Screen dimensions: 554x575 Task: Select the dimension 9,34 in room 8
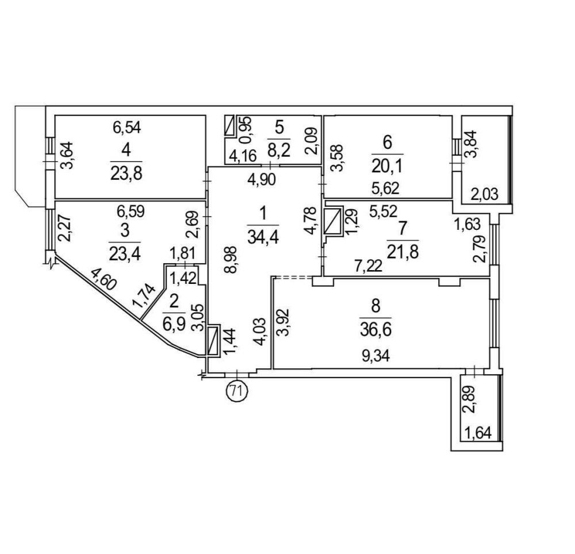(x=377, y=356)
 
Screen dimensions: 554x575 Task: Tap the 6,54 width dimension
(x=126, y=126)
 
